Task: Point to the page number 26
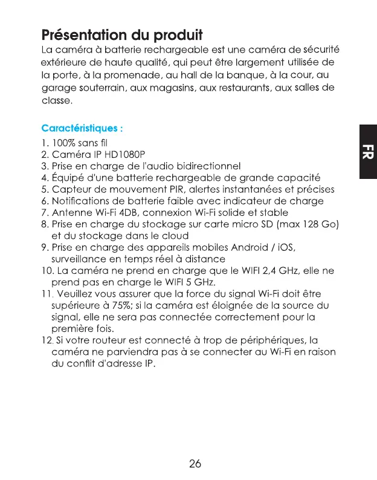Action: (195, 464)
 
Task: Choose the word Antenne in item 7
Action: (70, 212)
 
